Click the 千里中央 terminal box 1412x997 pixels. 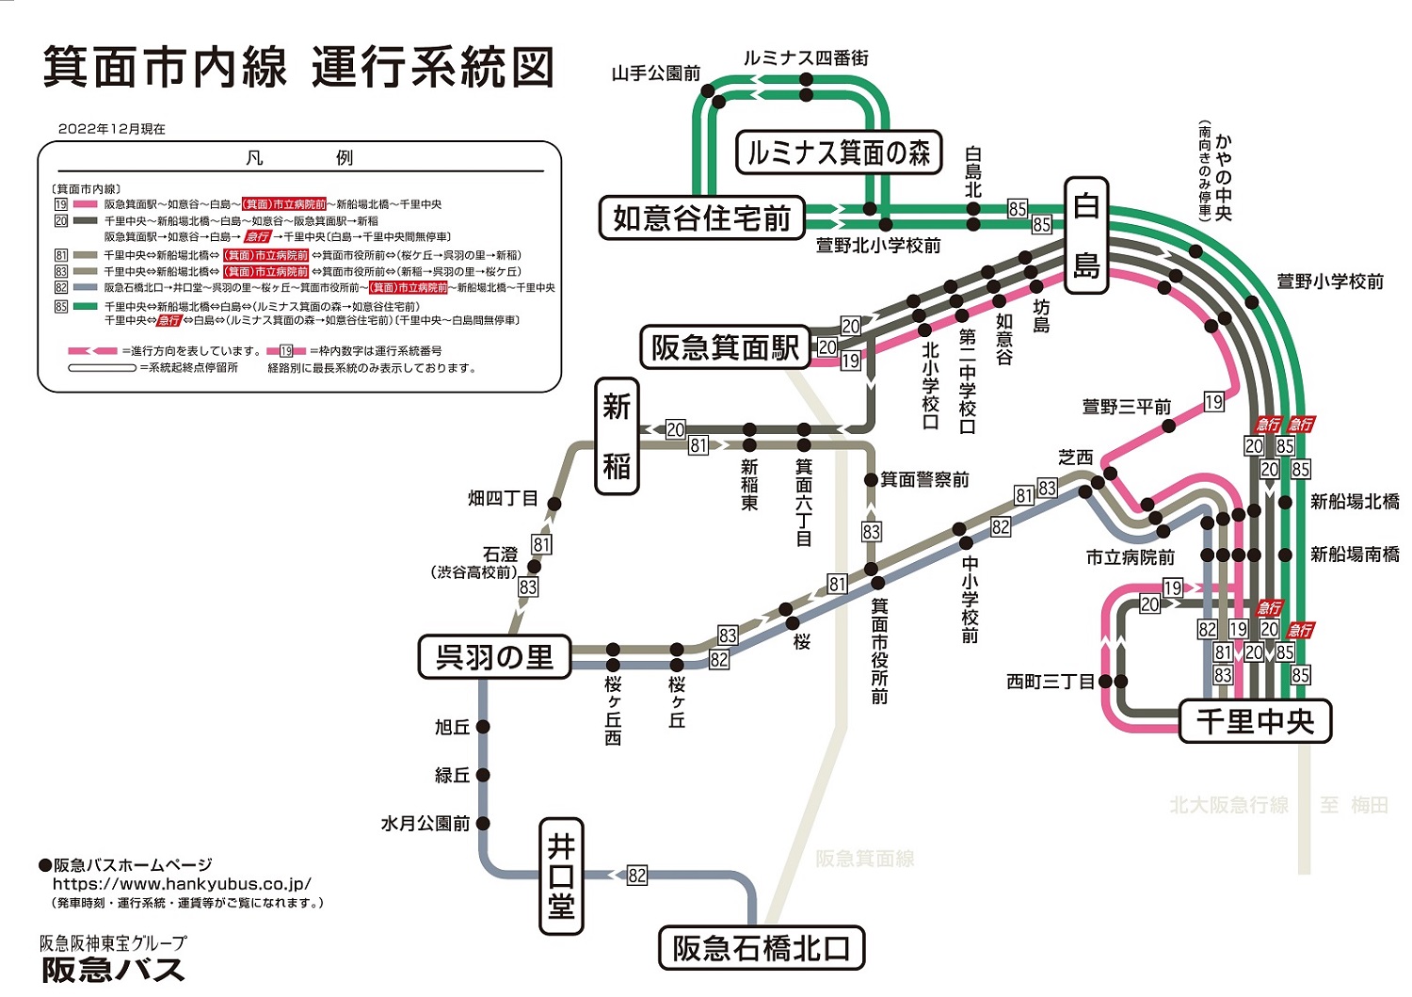(1255, 722)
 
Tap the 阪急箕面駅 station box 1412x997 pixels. (724, 347)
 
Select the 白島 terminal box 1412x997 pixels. (1086, 236)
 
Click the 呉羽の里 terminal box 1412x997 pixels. (494, 657)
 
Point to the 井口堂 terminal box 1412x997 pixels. (561, 876)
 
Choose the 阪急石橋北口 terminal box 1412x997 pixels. (761, 948)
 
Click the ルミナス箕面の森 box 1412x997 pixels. (838, 153)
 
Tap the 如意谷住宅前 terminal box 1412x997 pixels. (702, 218)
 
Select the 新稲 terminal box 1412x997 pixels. (617, 436)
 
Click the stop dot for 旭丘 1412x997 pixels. (483, 727)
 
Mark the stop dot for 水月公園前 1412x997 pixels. (483, 823)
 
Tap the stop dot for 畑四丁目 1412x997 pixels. (554, 505)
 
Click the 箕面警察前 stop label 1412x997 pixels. (923, 480)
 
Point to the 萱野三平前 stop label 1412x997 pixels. (1126, 407)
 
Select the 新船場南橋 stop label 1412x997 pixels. (1354, 555)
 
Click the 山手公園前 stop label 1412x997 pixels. (655, 73)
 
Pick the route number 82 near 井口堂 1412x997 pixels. (637, 876)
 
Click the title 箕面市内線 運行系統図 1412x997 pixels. (298, 68)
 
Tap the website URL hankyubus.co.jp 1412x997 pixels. (182, 884)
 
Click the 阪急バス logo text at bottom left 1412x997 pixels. (113, 970)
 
